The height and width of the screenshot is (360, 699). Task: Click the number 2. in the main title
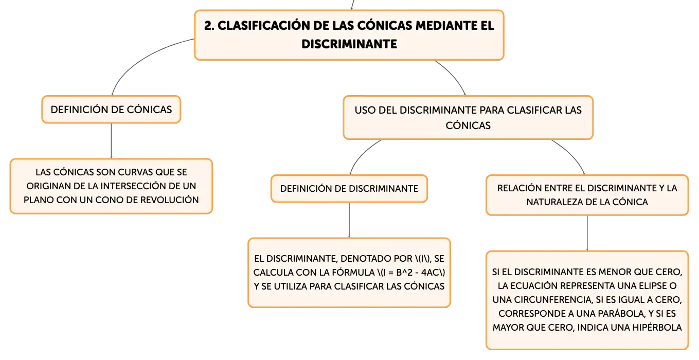click(209, 26)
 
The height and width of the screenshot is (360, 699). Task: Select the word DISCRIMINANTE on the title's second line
click(349, 44)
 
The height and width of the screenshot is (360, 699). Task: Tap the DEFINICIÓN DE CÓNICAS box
click(111, 110)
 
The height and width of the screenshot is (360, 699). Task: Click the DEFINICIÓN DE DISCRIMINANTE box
click(349, 188)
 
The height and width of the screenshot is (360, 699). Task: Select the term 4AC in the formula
click(430, 273)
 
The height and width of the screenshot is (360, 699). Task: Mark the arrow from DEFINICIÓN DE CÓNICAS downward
click(111, 141)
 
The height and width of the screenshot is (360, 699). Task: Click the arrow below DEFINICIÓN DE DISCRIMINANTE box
click(349, 220)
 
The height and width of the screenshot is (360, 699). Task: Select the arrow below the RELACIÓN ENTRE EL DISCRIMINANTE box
click(587, 233)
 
